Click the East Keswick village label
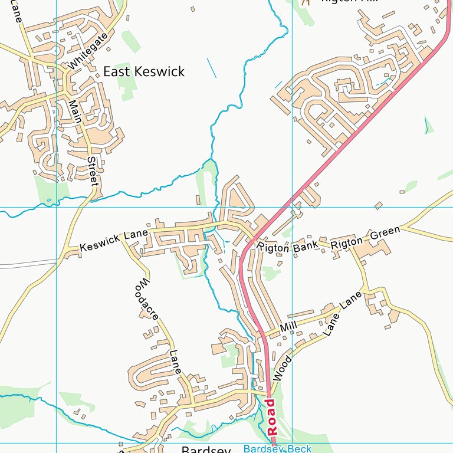coord(143,71)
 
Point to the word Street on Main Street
coord(92,171)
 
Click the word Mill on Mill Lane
coord(288,326)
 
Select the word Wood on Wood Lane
coord(283,367)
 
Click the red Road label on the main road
coord(271,417)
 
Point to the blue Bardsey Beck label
coord(277,449)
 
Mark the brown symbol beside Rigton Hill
coord(305,2)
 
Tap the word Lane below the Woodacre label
coord(174,361)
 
